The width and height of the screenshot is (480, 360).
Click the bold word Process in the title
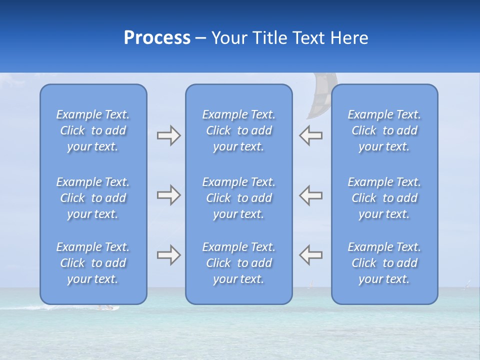pyautogui.click(x=157, y=38)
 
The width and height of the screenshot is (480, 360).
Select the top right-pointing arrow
pyautogui.click(x=168, y=135)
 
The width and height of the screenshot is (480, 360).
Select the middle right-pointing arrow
pyautogui.click(x=168, y=195)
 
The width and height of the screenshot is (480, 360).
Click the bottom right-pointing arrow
pyautogui.click(x=168, y=255)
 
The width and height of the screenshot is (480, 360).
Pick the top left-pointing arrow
pyautogui.click(x=311, y=135)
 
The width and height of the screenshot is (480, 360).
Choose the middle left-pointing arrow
pyautogui.click(x=311, y=195)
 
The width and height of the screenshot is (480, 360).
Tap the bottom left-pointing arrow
pyautogui.click(x=311, y=255)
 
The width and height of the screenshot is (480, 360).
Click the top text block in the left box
pyautogui.click(x=93, y=130)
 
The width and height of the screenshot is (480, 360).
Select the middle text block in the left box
pyautogui.click(x=93, y=198)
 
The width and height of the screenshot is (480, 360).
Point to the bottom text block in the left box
pyautogui.click(x=93, y=263)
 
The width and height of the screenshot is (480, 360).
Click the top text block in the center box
pyautogui.click(x=238, y=130)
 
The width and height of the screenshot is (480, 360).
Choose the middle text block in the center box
pyautogui.click(x=238, y=198)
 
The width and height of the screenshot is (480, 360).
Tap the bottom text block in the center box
pyautogui.click(x=238, y=263)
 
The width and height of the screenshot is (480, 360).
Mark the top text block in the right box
pyautogui.click(x=384, y=130)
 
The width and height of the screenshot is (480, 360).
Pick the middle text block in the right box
pyautogui.click(x=384, y=198)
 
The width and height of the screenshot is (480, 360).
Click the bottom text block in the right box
pyautogui.click(x=384, y=263)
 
